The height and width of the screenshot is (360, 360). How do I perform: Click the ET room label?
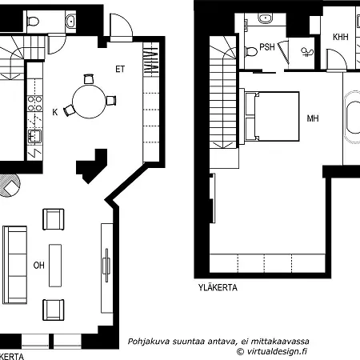click(120, 70)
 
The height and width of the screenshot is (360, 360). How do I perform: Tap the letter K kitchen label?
click(55, 112)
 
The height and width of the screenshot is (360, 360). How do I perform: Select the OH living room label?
click(39, 266)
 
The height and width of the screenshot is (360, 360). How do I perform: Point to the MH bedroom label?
click(313, 118)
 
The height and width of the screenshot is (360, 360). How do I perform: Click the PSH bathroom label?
click(267, 47)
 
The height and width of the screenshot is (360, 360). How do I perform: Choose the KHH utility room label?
click(341, 37)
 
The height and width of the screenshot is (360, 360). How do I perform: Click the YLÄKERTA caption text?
click(218, 287)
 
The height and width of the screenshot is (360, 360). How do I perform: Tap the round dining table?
click(89, 102)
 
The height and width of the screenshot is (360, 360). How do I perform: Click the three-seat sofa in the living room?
click(15, 265)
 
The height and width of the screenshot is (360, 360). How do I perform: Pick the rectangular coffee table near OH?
click(55, 266)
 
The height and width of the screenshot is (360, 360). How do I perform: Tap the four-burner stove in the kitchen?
click(35, 103)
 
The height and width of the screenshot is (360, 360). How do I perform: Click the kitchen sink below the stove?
click(34, 136)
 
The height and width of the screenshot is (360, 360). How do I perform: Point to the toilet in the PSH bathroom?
click(250, 51)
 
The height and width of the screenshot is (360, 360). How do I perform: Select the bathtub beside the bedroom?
click(352, 118)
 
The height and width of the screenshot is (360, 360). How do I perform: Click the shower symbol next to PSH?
click(307, 52)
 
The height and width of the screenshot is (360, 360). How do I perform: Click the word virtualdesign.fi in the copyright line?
click(277, 351)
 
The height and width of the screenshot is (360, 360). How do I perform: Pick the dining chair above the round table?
click(89, 79)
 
